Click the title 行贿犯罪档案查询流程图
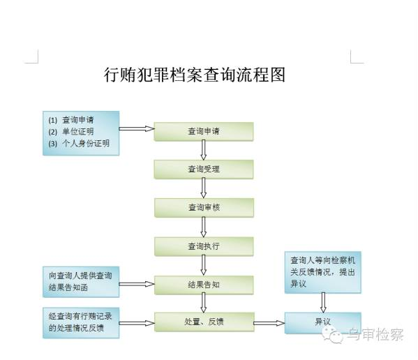click(195, 75)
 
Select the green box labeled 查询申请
click(204, 131)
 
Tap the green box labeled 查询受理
click(204, 170)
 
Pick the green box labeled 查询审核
click(204, 208)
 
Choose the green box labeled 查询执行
click(204, 246)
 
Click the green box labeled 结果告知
click(204, 285)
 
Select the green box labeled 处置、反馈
click(204, 322)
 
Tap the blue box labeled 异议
click(323, 323)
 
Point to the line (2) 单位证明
click(71, 132)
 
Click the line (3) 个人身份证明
click(79, 143)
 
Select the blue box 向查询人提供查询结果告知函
click(81, 282)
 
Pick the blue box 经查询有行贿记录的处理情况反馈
click(81, 323)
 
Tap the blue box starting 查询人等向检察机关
click(323, 272)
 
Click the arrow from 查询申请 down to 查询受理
click(204, 150)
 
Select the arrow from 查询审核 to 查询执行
click(204, 227)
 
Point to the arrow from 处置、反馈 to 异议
click(269, 323)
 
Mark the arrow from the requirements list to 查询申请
click(137, 128)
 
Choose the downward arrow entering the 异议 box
click(323, 303)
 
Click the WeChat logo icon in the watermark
click(332, 335)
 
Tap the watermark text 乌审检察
click(375, 334)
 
